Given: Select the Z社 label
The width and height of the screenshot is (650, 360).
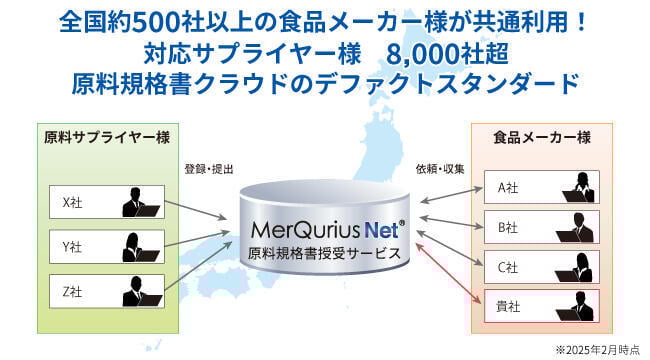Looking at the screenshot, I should (72, 292).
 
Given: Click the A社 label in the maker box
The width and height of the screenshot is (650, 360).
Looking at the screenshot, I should (507, 186).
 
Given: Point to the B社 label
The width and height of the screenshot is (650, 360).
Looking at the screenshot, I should (507, 226).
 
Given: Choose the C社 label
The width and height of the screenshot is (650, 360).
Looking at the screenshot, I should (507, 267).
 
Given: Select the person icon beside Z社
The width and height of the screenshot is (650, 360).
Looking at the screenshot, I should (139, 291).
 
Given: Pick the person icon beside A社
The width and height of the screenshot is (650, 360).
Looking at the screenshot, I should (579, 186).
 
